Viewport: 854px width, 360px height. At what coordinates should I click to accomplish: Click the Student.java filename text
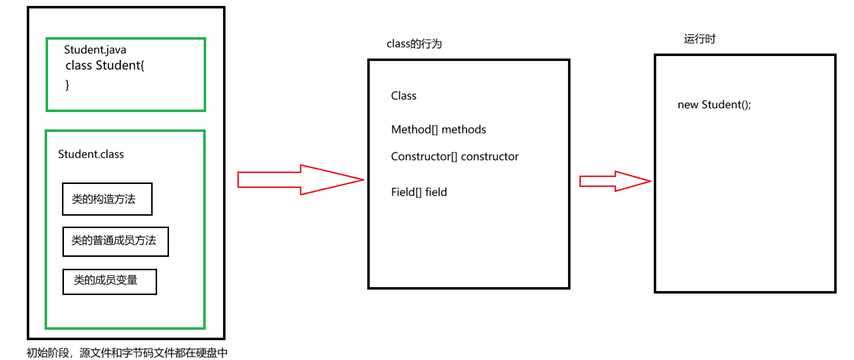click(x=95, y=50)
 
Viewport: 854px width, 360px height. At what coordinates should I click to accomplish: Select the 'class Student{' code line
click(x=105, y=65)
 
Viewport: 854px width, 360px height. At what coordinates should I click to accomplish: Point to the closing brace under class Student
click(x=67, y=85)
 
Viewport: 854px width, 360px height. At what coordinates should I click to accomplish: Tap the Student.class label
click(x=91, y=154)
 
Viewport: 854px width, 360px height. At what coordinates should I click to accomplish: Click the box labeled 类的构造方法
click(x=107, y=199)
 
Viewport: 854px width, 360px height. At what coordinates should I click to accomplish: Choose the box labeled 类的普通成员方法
click(x=115, y=241)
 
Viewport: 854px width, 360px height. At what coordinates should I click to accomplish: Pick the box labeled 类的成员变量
click(x=110, y=282)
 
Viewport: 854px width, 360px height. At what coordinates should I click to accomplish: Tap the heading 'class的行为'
click(x=414, y=44)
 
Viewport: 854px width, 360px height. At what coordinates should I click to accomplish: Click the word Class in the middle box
click(x=403, y=96)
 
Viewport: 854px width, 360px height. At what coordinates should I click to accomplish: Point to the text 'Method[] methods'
click(x=438, y=129)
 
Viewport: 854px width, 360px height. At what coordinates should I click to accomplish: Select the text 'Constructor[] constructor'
click(x=455, y=157)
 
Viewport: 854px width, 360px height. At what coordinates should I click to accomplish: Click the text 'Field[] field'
click(x=419, y=192)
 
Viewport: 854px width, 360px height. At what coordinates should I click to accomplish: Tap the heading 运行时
click(x=699, y=39)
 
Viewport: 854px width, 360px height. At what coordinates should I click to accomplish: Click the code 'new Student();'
click(x=714, y=105)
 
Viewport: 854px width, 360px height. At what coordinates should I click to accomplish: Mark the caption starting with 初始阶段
click(x=127, y=353)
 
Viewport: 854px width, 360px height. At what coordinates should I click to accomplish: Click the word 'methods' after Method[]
click(x=463, y=129)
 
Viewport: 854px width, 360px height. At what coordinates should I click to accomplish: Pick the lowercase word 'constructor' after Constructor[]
click(x=490, y=157)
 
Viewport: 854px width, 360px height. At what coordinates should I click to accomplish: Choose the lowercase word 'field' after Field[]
click(x=436, y=192)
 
